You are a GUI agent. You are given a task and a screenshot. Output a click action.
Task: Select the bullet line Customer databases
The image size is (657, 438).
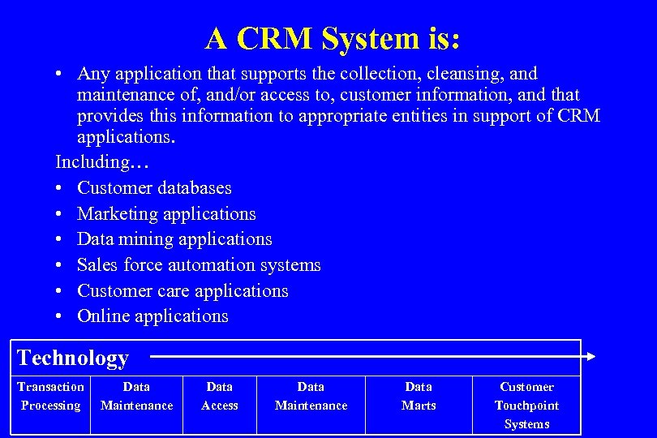pyautogui.click(x=154, y=188)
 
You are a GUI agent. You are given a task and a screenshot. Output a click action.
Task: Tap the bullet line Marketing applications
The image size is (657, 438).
pyautogui.click(x=166, y=214)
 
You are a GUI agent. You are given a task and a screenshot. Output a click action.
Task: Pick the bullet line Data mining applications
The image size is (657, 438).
pyautogui.click(x=174, y=239)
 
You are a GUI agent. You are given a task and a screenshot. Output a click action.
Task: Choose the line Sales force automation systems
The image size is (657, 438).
pyautogui.click(x=199, y=265)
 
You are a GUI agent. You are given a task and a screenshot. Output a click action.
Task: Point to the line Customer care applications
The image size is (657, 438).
pyautogui.click(x=182, y=290)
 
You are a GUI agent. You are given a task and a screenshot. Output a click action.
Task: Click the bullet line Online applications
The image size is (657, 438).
pyautogui.click(x=152, y=316)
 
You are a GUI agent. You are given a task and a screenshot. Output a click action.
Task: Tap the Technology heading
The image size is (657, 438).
pyautogui.click(x=73, y=358)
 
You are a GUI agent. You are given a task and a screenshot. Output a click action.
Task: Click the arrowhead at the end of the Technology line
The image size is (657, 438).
pyautogui.click(x=591, y=355)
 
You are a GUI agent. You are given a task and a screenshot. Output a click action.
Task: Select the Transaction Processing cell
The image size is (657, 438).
pyautogui.click(x=50, y=396)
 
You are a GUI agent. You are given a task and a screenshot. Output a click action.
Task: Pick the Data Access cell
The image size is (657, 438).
pyautogui.click(x=220, y=396)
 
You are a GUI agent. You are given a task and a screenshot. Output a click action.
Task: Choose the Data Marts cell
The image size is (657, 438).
pyautogui.click(x=419, y=396)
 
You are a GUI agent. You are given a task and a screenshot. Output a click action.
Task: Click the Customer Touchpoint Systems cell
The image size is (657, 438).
pyautogui.click(x=526, y=405)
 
